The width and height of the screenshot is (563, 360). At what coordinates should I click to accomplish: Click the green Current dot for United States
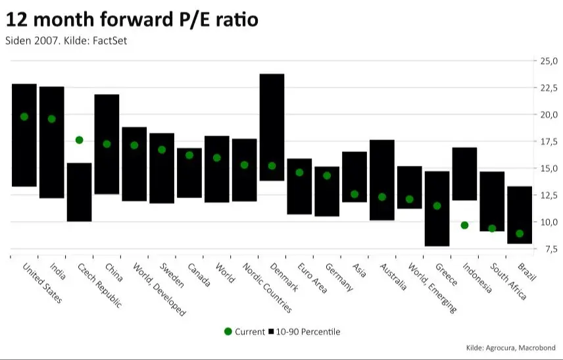24,116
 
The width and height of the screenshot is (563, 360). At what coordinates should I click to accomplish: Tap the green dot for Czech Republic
80,140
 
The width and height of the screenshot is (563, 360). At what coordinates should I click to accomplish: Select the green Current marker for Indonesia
464,225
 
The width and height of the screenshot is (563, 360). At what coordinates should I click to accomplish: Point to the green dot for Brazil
520,234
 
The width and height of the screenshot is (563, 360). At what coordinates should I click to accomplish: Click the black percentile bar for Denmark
272,127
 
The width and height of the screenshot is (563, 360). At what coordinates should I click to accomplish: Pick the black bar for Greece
437,209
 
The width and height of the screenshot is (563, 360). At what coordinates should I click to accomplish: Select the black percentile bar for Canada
189,173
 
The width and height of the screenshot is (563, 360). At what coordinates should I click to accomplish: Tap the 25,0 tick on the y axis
549,61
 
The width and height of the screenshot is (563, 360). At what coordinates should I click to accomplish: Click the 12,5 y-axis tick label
549,195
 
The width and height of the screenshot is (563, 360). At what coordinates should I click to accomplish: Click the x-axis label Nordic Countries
268,288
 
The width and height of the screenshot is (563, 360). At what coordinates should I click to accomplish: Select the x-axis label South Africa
508,281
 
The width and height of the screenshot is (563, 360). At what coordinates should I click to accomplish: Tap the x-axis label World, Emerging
433,288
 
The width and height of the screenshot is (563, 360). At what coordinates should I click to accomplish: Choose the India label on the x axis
58,271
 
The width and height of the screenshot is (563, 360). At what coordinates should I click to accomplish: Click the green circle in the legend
228,331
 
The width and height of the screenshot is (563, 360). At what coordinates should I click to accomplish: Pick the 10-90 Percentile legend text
308,332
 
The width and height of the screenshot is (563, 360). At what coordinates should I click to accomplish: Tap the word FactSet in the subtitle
110,41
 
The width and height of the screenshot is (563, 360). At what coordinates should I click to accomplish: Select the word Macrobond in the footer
537,347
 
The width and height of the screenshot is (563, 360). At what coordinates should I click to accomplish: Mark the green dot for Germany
327,176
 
